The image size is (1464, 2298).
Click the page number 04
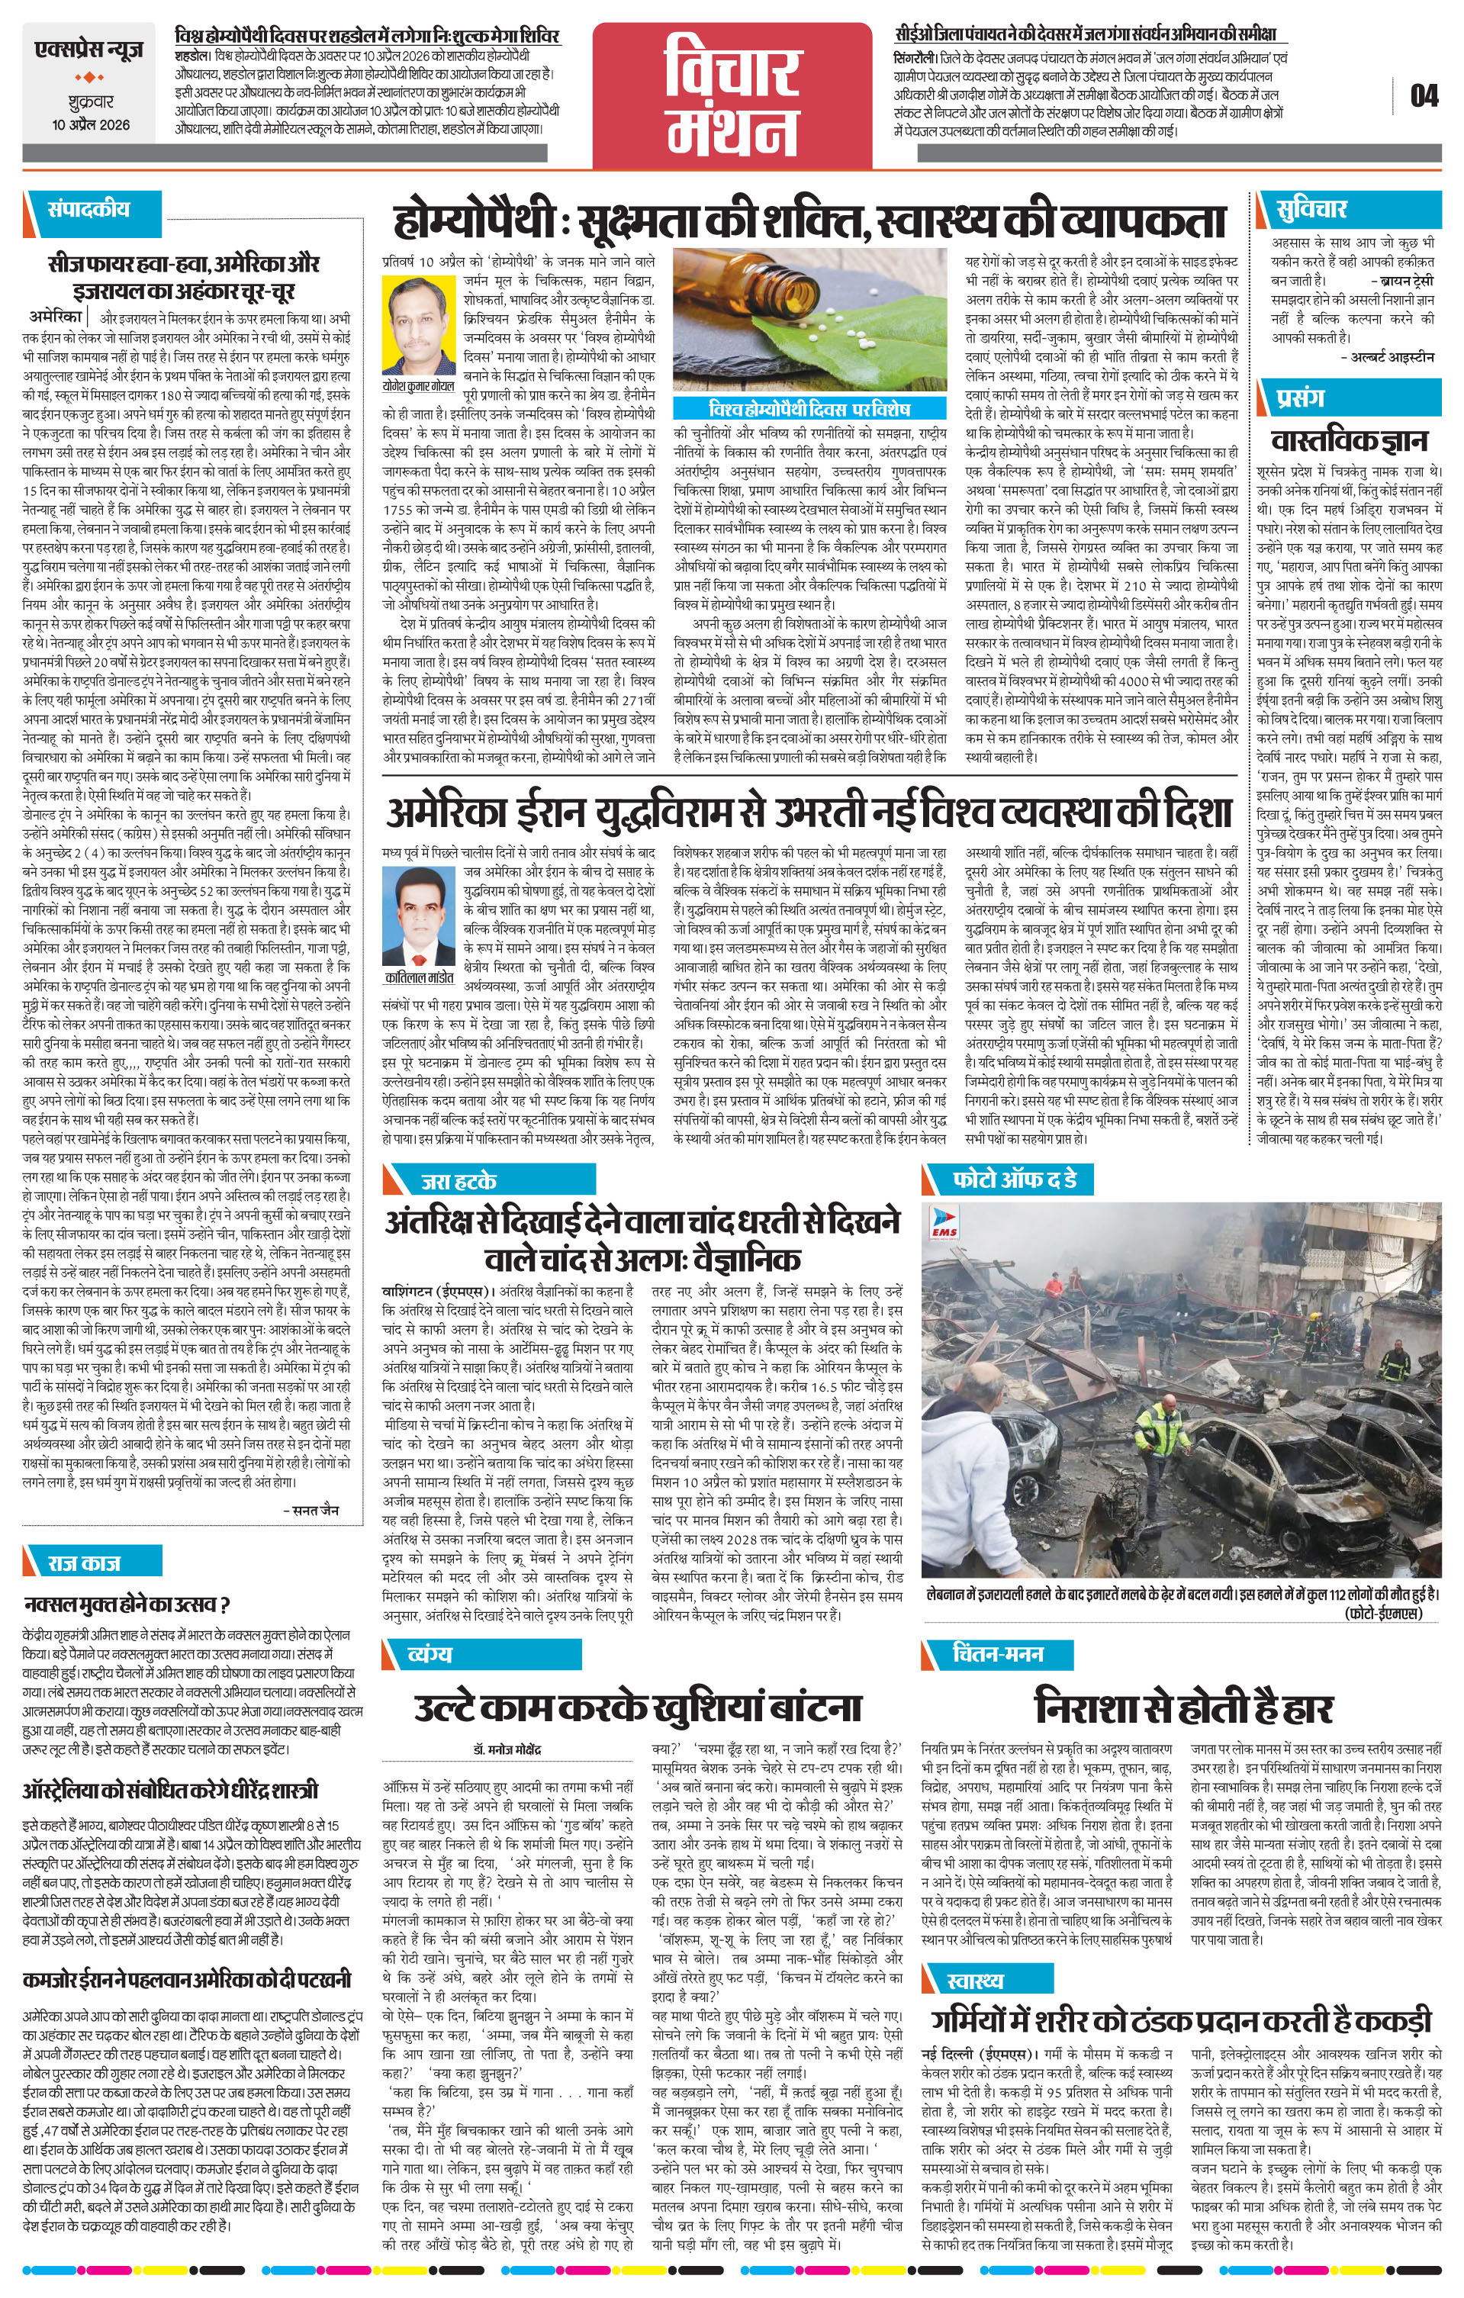click(x=1423, y=95)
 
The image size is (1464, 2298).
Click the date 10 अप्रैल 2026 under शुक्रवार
click(x=92, y=125)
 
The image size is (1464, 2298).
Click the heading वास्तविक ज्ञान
click(x=1350, y=440)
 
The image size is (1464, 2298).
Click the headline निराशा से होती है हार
click(x=1183, y=1705)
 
